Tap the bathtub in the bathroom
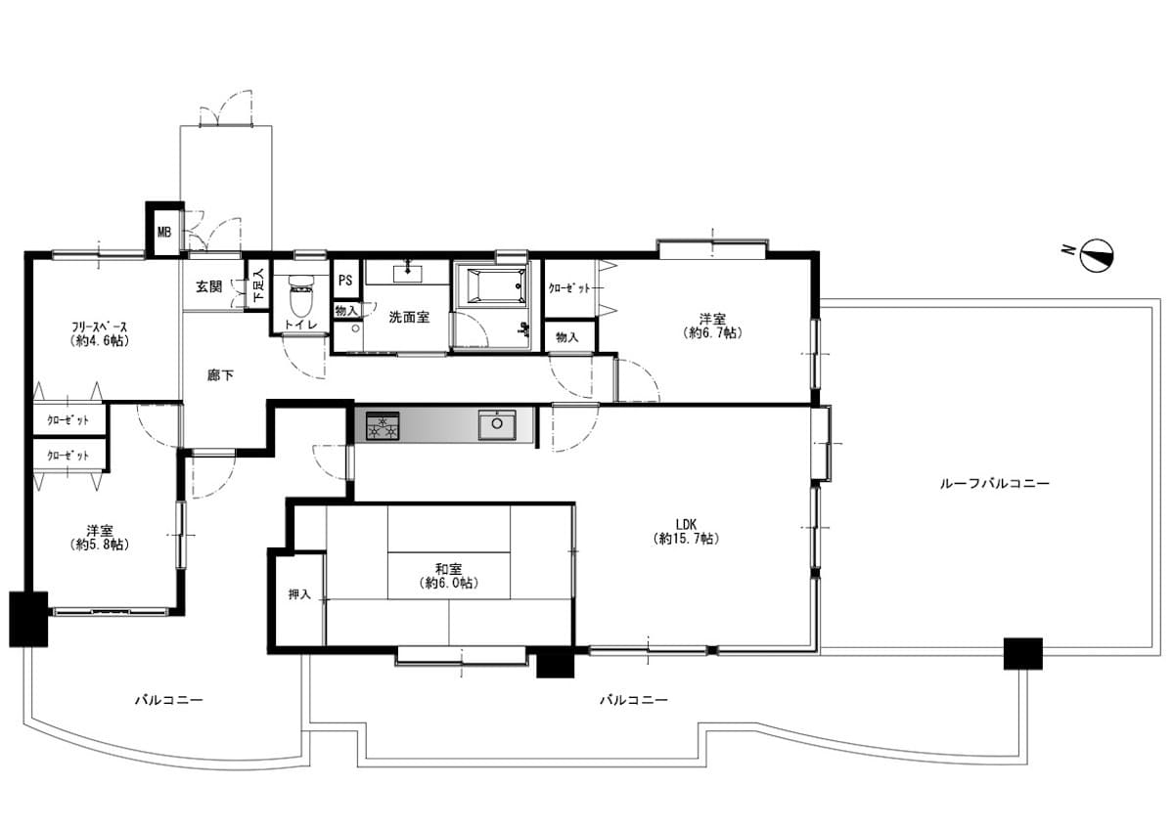pos(496,285)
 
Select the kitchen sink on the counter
pos(497,424)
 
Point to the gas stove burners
pos(383,425)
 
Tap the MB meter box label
pos(164,232)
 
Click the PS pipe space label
pos(345,281)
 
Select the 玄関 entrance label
pos(209,286)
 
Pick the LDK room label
pos(686,524)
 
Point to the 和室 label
pos(449,569)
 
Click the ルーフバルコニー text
pos(994,483)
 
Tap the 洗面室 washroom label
pos(409,317)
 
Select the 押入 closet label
pos(299,594)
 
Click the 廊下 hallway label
pos(220,375)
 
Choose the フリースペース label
pos(100,327)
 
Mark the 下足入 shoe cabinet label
pos(258,285)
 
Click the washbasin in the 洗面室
pos(408,273)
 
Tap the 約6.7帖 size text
pos(713,332)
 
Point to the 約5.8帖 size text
pos(100,545)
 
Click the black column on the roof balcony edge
pos(1023,654)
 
